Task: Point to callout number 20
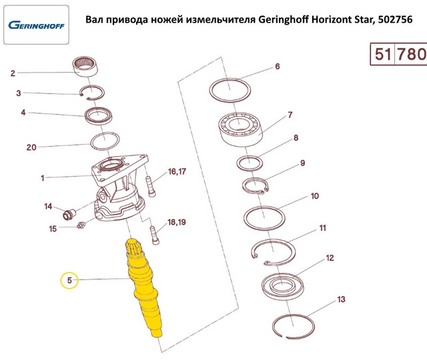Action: [x=31, y=147]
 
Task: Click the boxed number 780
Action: [x=412, y=54]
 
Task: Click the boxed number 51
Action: [x=382, y=54]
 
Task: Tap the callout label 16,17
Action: [x=177, y=172]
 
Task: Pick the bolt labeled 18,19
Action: [x=155, y=234]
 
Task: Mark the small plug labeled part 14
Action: [x=67, y=215]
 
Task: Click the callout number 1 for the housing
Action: [x=42, y=178]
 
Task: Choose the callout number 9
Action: [x=302, y=163]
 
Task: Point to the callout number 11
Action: [x=322, y=228]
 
